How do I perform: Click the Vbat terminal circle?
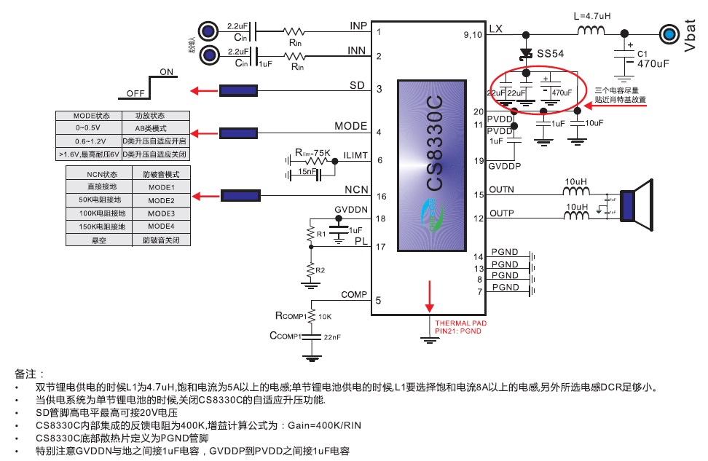pos(668,34)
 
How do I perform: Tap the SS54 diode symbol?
pos(525,53)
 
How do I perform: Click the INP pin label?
pos(358,26)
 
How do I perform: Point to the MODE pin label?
pos(350,126)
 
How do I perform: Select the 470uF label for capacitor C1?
pos(653,63)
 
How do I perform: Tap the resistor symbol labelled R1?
pos(311,234)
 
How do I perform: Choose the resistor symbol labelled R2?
pos(311,269)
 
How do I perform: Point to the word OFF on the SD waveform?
pos(135,93)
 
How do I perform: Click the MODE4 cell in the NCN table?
pos(161,226)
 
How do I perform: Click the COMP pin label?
pos(354,295)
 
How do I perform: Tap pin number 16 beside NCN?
pos(379,197)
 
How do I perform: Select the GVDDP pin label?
pos(505,166)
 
